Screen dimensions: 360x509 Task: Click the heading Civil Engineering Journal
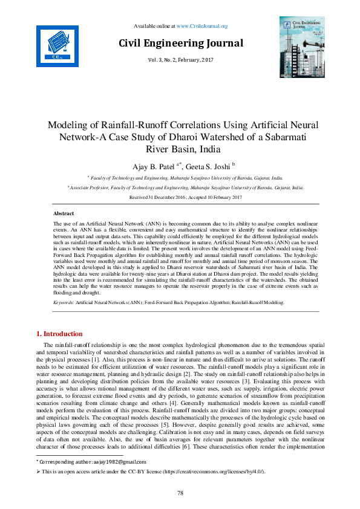pyautogui.click(x=180, y=43)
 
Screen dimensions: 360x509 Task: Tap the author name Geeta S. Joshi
pyautogui.click(x=203, y=166)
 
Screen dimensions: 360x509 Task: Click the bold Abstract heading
pyautogui.click(x=64, y=214)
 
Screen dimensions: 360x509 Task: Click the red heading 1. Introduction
pyautogui.click(x=59, y=334)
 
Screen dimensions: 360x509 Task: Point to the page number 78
pyautogui.click(x=180, y=493)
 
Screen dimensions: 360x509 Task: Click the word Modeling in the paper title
pyautogui.click(x=68, y=126)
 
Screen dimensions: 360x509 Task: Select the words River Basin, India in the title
pyautogui.click(x=180, y=148)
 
